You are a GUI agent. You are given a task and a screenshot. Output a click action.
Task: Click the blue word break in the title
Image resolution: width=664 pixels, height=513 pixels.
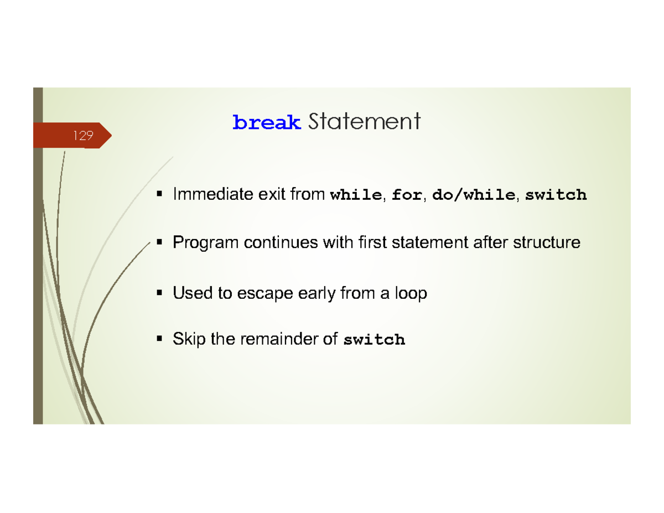coord(267,122)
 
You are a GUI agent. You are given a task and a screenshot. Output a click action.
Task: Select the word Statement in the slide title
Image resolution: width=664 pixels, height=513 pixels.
coord(364,121)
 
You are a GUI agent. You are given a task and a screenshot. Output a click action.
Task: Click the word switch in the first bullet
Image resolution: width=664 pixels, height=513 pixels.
coord(555,195)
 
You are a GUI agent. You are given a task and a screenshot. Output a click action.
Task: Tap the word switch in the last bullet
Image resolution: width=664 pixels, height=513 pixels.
coord(374,340)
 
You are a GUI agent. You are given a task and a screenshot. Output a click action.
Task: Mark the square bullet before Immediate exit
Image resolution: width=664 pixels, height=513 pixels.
coord(160,195)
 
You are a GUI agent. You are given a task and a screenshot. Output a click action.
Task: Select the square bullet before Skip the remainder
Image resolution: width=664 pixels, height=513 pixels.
coord(160,339)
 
